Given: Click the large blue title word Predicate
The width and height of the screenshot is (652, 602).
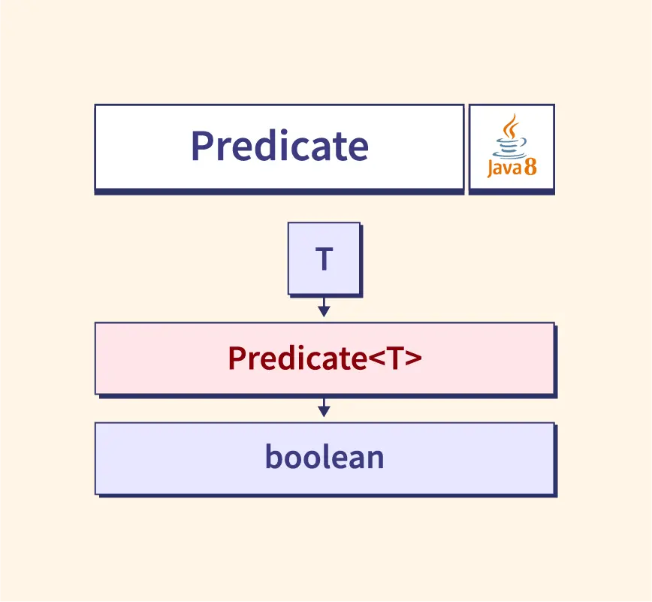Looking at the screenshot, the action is point(280,146).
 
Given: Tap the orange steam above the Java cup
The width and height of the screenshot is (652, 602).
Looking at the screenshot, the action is point(512,126).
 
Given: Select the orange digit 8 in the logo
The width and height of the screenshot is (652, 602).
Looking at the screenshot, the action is point(530,167).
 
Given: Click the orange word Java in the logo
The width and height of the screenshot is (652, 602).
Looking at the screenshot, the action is point(504,168).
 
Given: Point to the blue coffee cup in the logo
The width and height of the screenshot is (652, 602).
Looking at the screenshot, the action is point(511,148).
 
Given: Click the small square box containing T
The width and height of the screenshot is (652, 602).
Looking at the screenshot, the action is point(324,259).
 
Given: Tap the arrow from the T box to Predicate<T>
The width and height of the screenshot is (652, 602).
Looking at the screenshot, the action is point(324,307).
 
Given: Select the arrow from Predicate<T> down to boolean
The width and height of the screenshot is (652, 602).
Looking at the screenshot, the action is point(324,407).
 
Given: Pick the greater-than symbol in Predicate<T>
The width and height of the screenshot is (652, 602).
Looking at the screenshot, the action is point(413,358).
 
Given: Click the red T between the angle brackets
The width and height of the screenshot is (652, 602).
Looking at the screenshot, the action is point(395,358).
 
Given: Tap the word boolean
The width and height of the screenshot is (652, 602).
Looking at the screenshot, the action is point(324,457).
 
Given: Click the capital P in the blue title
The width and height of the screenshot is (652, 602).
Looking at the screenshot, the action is point(201,146).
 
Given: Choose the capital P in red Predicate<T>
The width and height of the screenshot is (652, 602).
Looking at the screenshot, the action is point(236,358).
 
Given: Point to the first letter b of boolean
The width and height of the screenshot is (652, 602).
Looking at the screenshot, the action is point(273,457).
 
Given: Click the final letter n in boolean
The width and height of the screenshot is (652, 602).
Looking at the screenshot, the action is point(376,459).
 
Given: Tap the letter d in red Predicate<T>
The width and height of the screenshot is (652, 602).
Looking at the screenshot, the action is point(282,358).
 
